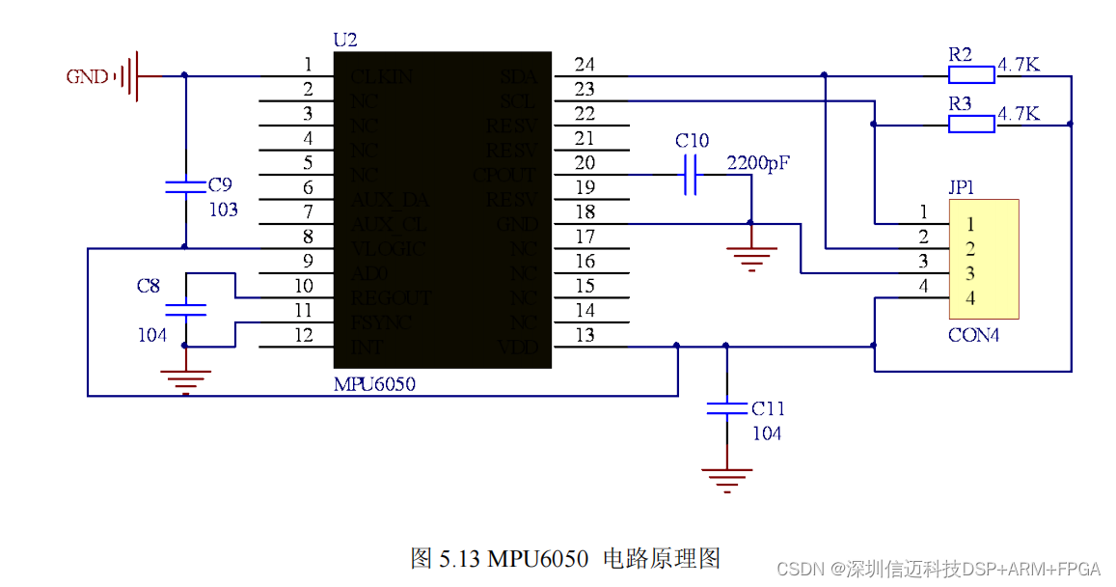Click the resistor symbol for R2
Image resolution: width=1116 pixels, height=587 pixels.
pos(971,75)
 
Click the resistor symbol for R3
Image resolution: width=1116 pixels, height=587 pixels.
pos(971,124)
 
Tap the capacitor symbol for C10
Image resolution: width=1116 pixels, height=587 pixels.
pos(690,175)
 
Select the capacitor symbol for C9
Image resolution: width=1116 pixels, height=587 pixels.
pos(185,185)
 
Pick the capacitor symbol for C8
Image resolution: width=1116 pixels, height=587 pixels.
pos(185,310)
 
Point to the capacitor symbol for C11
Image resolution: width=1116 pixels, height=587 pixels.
pos(725,409)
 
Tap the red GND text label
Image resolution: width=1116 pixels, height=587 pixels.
pos(87,76)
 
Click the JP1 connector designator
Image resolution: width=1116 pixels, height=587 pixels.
pos(962,187)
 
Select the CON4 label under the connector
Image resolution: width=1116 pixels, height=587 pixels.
pos(973,336)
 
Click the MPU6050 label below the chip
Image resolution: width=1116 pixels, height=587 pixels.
pos(376,383)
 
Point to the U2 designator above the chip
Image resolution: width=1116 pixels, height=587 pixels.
pos(344,41)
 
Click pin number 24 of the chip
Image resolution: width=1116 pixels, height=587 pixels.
pos(585,65)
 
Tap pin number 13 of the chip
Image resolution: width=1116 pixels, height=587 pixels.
pos(585,335)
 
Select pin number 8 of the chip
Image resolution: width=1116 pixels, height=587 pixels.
pos(308,237)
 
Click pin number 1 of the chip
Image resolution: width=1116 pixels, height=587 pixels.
pos(308,65)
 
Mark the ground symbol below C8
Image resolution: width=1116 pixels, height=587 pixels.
pos(185,380)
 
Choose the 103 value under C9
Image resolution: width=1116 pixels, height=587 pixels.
pos(223,210)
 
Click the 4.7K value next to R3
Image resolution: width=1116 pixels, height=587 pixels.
pos(1019,114)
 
